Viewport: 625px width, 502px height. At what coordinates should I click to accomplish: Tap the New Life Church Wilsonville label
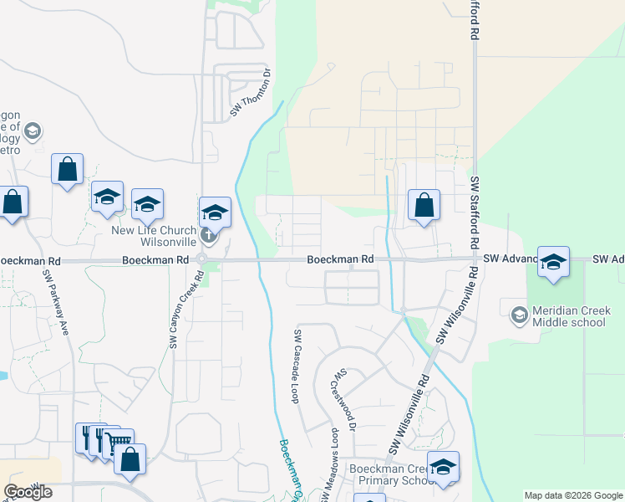(155, 236)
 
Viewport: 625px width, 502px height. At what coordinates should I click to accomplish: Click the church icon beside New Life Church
(209, 235)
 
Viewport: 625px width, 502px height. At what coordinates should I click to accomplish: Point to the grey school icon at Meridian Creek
(519, 315)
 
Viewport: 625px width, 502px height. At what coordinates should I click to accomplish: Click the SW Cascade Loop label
(296, 366)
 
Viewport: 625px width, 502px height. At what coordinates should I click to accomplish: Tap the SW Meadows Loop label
(334, 455)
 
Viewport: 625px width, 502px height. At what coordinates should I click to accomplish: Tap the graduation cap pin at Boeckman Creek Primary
(443, 466)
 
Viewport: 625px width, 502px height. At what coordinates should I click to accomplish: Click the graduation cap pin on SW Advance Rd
(553, 261)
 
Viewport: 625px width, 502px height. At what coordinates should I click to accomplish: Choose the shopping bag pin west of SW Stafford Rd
(424, 203)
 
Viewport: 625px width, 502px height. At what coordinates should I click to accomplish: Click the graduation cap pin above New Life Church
(215, 212)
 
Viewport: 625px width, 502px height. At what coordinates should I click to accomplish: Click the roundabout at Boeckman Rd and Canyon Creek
(201, 260)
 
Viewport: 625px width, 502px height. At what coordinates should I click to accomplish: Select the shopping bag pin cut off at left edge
(11, 202)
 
